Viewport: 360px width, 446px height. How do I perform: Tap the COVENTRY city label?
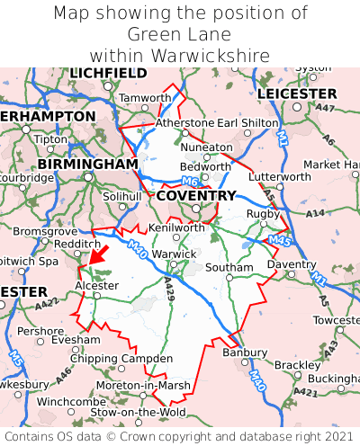(195, 195)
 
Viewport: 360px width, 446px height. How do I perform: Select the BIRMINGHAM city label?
(87, 165)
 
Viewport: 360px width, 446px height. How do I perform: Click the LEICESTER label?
(297, 94)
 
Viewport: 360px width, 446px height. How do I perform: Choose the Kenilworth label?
(176, 228)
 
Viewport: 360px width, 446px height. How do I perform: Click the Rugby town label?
(263, 213)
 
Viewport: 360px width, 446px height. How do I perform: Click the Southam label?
(229, 268)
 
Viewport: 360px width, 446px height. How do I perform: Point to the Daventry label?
(292, 265)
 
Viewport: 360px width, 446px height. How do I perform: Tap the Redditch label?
(76, 244)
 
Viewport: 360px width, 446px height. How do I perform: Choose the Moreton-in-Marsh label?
(144, 385)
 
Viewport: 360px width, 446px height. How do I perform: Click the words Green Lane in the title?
(180, 34)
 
